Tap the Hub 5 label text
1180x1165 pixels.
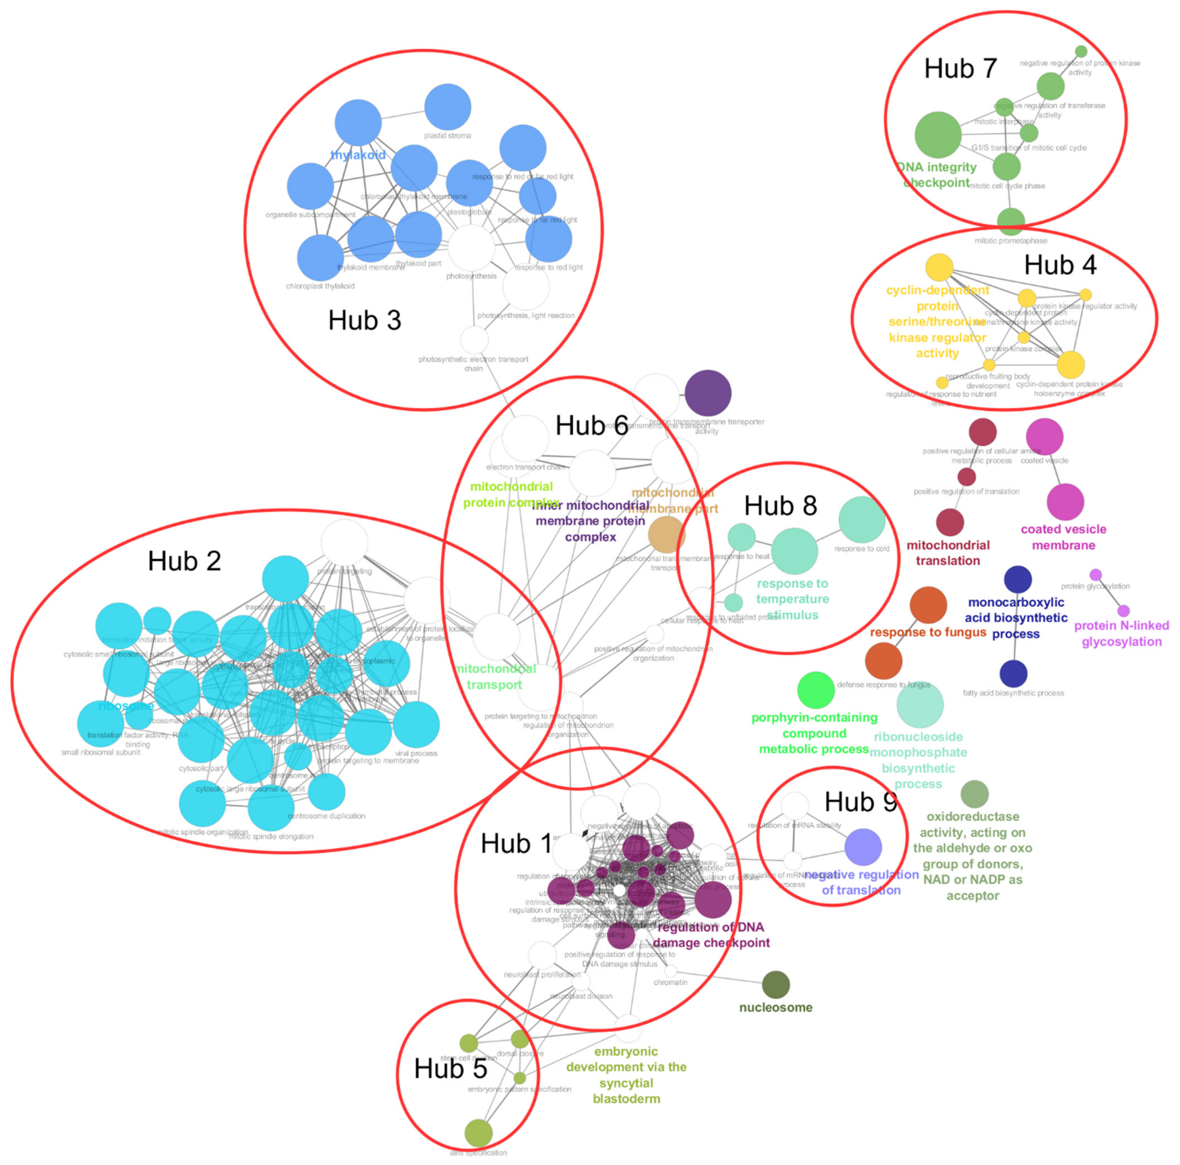pyautogui.click(x=450, y=1068)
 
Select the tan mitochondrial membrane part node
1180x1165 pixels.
pyautogui.click(x=666, y=535)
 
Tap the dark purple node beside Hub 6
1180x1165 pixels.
pyautogui.click(x=708, y=393)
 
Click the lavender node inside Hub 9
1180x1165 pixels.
pyautogui.click(x=863, y=847)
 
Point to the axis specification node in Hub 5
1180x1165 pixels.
pyautogui.click(x=478, y=1133)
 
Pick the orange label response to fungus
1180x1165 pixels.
pyautogui.click(x=928, y=632)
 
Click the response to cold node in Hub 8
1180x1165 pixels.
pyautogui.click(x=862, y=520)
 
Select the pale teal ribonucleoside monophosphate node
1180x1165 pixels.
pyautogui.click(x=920, y=705)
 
